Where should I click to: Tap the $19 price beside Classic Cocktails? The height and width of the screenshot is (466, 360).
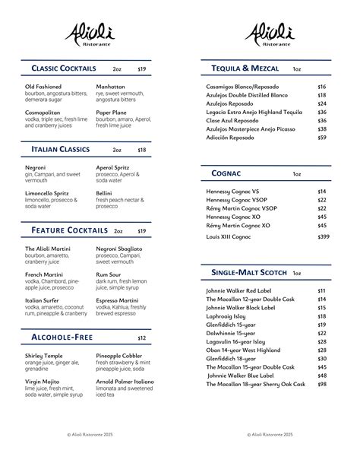point(142,69)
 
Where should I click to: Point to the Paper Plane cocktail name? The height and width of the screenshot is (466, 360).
point(111,113)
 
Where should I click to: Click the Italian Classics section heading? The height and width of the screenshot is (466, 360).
point(61,150)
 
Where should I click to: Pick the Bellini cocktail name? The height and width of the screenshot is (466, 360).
point(104,193)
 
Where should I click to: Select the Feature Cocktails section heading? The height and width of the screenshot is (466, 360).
point(69,230)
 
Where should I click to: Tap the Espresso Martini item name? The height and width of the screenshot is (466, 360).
point(117,300)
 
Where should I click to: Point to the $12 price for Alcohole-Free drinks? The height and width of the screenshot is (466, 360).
point(142,338)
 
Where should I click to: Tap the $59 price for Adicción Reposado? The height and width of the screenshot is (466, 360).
point(322,138)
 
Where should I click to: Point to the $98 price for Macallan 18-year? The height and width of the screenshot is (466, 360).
point(322,385)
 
